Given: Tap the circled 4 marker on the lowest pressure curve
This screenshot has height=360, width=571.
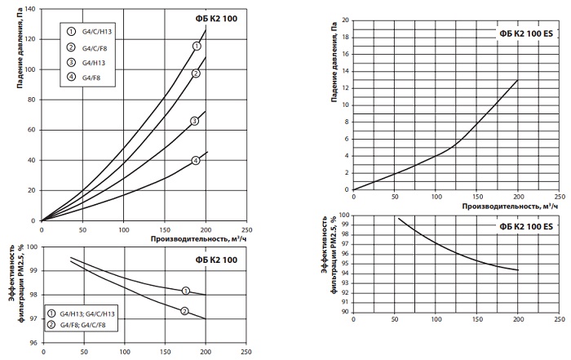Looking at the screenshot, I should [196, 160].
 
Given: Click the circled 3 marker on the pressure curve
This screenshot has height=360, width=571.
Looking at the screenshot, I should [194, 121].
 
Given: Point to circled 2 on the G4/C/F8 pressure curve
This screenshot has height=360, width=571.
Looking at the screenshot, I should [196, 73].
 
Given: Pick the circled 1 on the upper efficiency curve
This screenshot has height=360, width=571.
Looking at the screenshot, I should [185, 290].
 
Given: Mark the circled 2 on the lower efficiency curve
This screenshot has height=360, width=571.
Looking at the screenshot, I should [184, 310].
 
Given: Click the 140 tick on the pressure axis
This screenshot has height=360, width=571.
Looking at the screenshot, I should [31, 9].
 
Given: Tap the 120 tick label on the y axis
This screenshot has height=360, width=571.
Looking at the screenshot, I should [31, 39].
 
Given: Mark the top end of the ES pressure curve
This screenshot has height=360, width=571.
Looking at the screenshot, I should [517, 80].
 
